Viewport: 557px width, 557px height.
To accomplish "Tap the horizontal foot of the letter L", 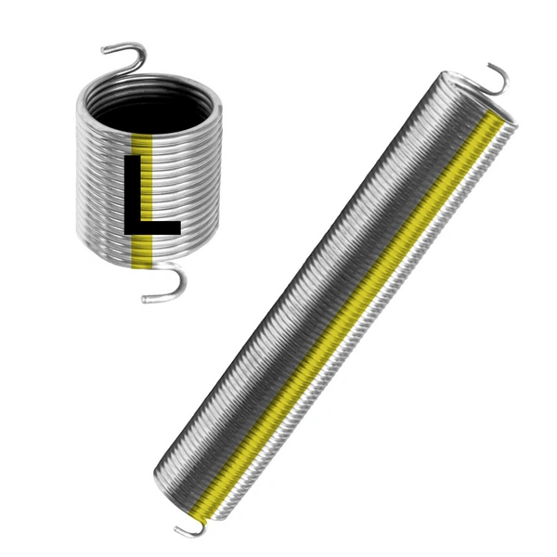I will coord(154,225).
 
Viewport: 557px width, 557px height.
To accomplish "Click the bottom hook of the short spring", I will coord(173,284).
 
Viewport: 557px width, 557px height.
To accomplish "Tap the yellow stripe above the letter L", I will coord(141,143).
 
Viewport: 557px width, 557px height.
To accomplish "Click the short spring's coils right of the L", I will coord(200,186).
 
